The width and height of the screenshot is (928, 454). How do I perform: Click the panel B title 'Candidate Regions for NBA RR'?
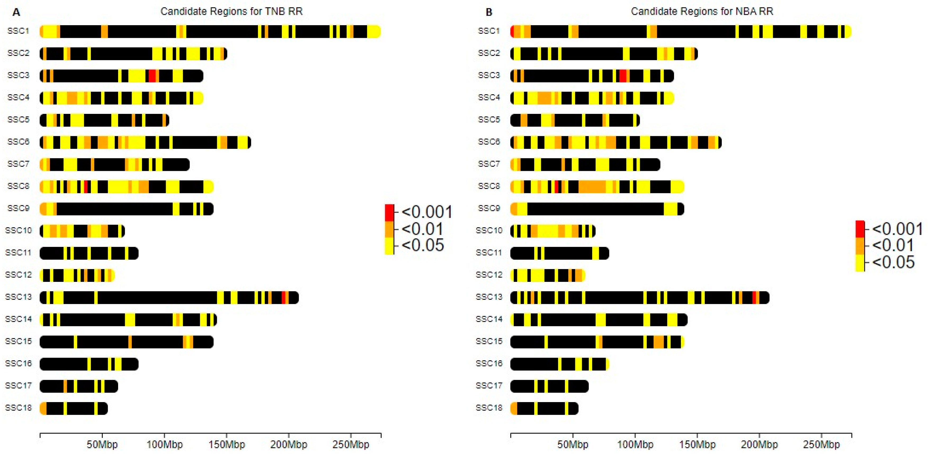pos(702,12)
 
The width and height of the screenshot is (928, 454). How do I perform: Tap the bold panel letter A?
pos(16,13)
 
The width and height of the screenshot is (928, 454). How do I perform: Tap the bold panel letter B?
pos(489,13)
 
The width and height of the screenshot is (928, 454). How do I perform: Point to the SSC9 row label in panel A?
pos(18,208)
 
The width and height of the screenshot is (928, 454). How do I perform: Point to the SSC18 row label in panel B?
pos(489,408)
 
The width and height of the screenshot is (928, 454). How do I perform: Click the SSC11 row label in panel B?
pos(489,253)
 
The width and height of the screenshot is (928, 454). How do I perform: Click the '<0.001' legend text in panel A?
pos(427,212)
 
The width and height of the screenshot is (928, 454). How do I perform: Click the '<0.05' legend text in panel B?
pos(893,262)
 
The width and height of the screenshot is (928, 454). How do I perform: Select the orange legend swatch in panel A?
pos(389,229)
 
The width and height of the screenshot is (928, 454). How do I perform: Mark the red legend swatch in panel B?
pos(860,229)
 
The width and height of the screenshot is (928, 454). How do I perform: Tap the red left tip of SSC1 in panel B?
pos(512,32)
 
